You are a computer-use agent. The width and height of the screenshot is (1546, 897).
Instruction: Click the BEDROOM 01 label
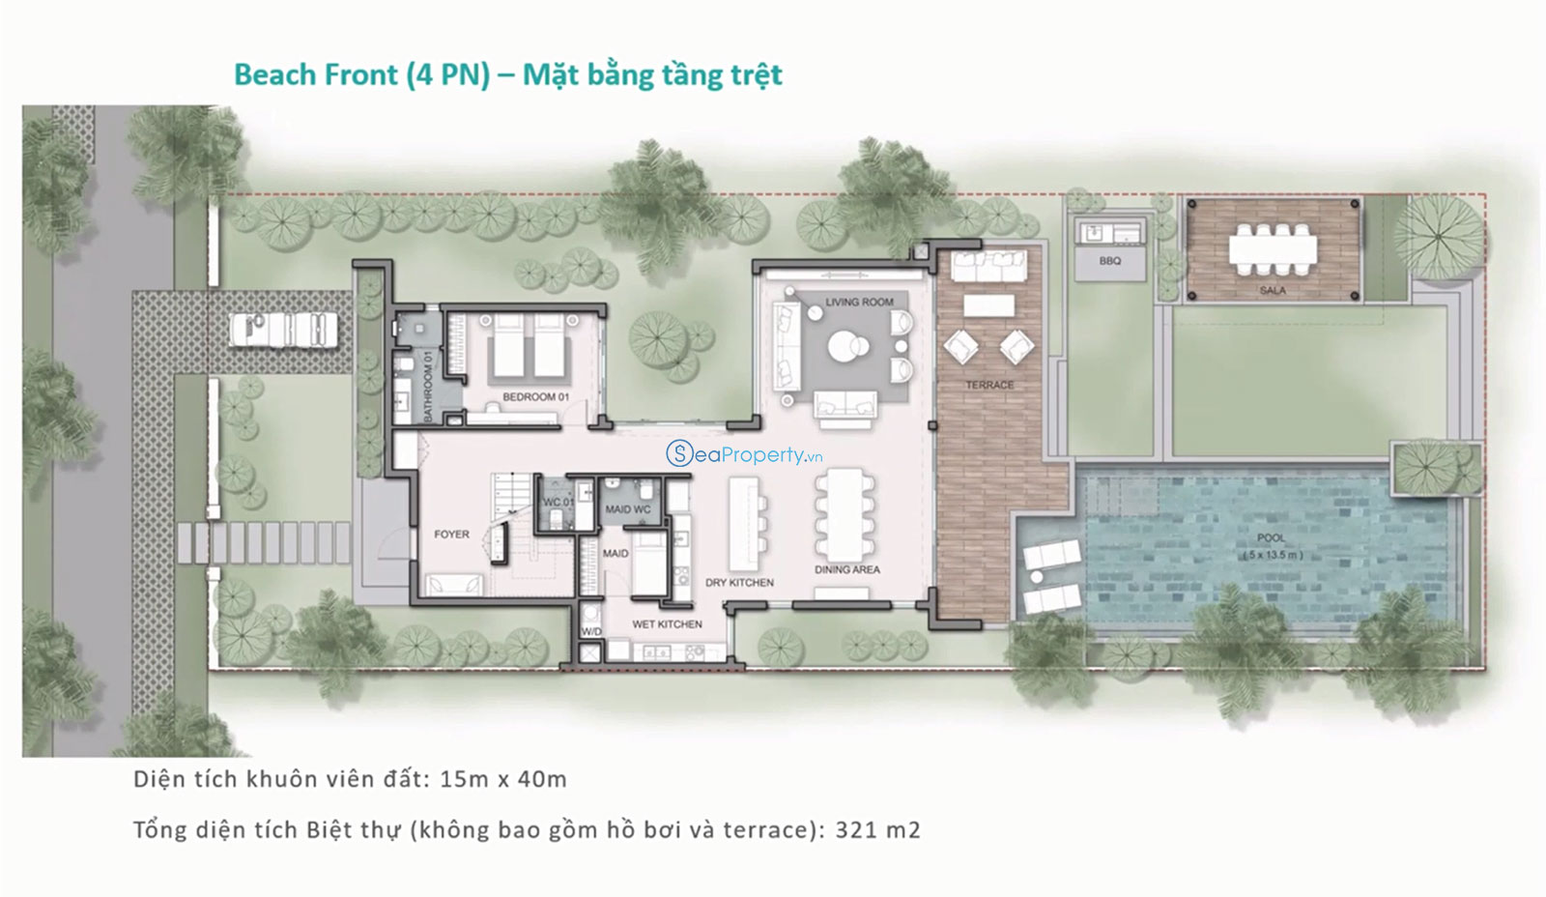(x=535, y=397)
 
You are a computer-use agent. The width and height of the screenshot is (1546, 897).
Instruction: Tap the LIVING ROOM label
(x=859, y=302)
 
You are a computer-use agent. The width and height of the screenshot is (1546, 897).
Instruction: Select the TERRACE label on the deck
(x=989, y=385)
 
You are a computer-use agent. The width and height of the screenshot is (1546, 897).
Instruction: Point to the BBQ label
(x=1110, y=261)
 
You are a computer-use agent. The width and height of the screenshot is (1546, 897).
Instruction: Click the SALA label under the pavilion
(x=1273, y=290)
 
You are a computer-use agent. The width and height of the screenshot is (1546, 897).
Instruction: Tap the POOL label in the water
(x=1272, y=537)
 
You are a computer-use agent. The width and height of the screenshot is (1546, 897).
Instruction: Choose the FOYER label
(x=451, y=534)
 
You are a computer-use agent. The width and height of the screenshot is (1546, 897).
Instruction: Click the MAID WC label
(x=627, y=509)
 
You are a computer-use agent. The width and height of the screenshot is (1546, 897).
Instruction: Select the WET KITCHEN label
(x=667, y=624)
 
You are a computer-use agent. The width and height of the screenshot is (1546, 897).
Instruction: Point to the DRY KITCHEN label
(x=739, y=583)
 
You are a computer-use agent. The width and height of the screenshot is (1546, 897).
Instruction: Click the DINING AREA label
(x=846, y=569)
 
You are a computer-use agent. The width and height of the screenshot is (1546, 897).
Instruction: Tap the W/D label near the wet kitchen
(x=590, y=631)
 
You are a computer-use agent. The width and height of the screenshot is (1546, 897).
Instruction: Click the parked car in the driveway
(x=283, y=330)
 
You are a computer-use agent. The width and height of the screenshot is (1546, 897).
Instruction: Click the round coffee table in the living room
(x=845, y=347)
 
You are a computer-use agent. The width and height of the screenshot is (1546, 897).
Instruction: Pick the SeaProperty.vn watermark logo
(x=744, y=453)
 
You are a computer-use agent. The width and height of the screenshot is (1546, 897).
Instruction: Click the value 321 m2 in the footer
(x=878, y=829)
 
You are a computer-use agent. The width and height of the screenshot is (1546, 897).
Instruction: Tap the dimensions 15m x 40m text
(x=503, y=779)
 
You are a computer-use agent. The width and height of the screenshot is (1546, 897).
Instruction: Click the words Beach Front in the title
(x=316, y=74)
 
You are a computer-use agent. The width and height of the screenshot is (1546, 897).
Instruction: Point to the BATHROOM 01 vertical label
(x=427, y=387)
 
